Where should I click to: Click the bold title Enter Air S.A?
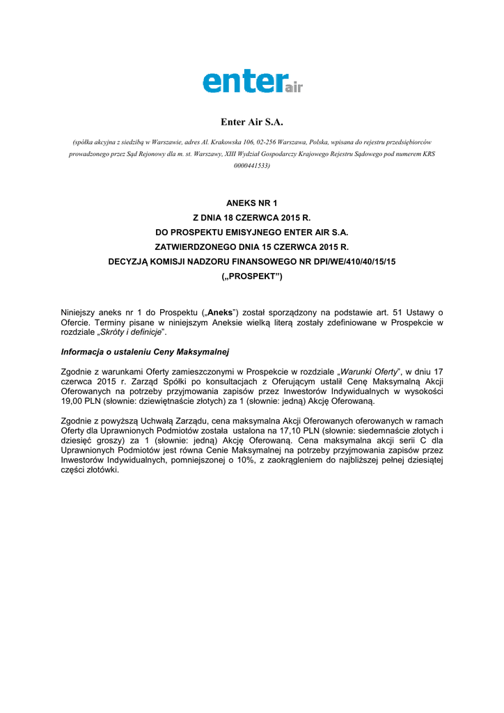[x=252, y=122]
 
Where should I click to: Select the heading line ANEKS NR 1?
[x=252, y=203]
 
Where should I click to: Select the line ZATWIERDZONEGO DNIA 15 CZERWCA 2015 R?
[x=252, y=246]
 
